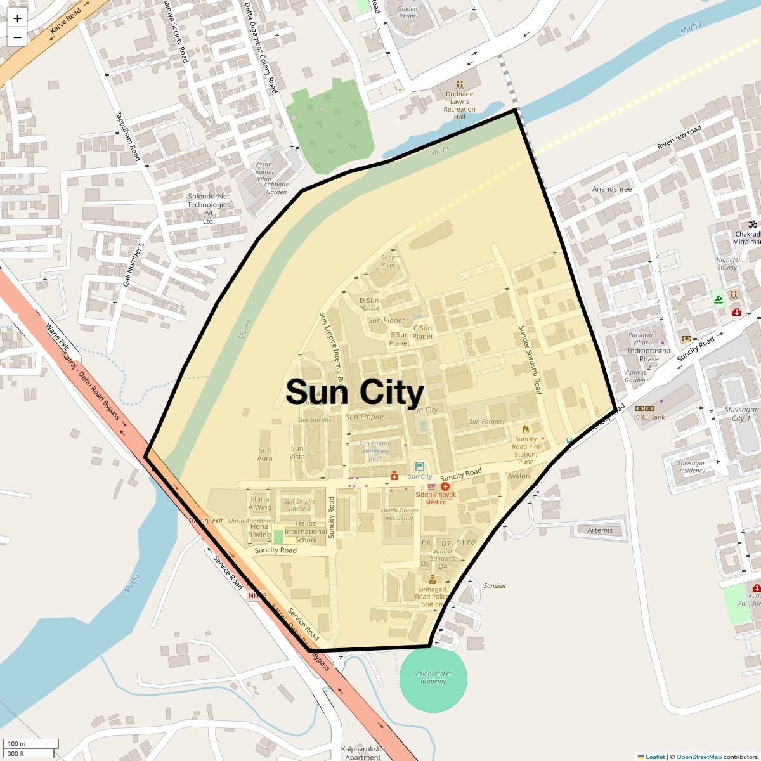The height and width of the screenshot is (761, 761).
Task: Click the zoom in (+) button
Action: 17,19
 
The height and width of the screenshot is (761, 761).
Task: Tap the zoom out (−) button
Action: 17,37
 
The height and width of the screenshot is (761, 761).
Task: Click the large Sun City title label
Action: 354,392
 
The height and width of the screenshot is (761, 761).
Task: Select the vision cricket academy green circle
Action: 433,677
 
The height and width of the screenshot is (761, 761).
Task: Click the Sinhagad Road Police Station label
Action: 432,596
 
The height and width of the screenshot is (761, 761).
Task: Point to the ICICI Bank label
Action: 649,417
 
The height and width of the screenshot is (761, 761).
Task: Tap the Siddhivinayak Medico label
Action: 439,498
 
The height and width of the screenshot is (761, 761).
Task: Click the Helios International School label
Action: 306,531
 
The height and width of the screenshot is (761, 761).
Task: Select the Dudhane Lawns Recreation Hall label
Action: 460,105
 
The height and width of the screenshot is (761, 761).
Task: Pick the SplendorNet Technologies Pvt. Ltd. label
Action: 209,209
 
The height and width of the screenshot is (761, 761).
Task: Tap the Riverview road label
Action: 679,137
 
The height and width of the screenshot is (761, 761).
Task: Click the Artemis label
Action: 600,530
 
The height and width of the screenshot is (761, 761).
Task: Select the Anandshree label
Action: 612,189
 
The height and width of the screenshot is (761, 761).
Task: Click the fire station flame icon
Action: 526,429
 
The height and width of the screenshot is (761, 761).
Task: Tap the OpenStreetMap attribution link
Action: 698,757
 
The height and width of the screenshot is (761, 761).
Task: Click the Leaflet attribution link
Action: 655,757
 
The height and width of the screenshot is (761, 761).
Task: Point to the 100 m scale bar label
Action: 17,743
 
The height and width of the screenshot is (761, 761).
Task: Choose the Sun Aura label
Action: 265,454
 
